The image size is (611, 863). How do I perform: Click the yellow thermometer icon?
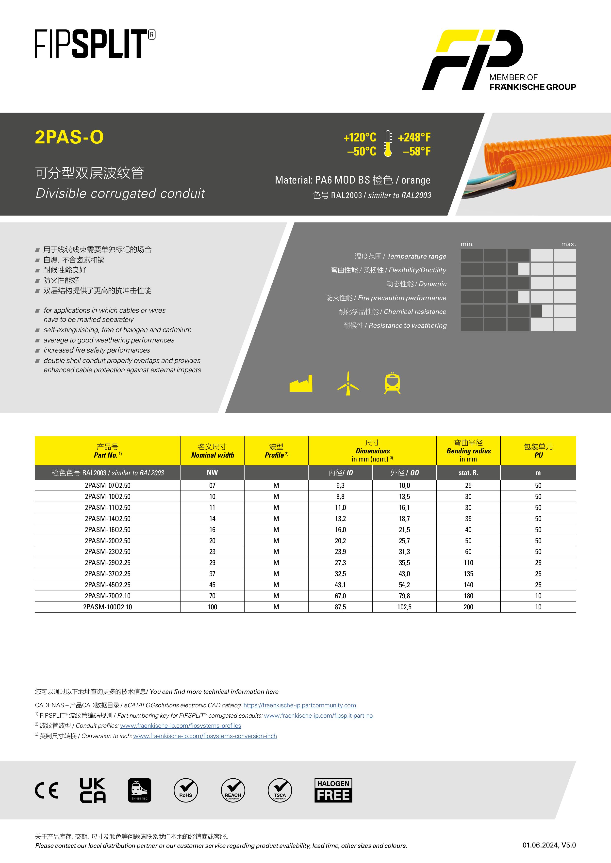388,143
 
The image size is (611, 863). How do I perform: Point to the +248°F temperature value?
414,138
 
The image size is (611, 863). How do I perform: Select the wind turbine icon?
348,383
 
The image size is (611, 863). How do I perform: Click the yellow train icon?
392,383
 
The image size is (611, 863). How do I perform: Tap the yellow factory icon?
301,384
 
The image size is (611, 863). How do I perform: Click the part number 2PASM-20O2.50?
108,540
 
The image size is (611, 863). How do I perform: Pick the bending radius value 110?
468,563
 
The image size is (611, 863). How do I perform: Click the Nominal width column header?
212,451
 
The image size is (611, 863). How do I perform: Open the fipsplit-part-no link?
318,716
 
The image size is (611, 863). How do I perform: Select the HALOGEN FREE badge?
333,790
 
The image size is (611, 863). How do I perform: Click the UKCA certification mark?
93,790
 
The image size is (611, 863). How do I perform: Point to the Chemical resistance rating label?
415,312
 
